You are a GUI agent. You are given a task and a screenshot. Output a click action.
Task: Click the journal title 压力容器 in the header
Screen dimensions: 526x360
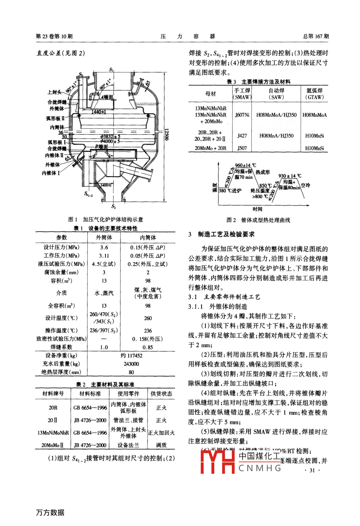click(x=188, y=36)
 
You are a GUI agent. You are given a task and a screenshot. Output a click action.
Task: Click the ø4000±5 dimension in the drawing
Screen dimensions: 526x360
click(x=111, y=141)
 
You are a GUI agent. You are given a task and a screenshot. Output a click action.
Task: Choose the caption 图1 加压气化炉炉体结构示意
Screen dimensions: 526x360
click(x=106, y=220)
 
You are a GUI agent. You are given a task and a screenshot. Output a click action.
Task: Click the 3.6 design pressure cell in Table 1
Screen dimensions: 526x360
click(x=104, y=247)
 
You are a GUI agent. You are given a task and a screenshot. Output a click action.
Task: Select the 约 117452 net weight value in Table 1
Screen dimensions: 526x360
click(x=131, y=355)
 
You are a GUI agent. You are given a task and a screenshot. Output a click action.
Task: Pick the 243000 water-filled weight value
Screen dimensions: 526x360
click(x=131, y=364)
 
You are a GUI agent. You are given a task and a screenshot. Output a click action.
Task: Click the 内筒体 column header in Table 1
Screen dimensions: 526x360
click(x=148, y=237)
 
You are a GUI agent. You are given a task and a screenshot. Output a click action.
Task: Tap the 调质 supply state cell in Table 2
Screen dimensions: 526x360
click(x=161, y=445)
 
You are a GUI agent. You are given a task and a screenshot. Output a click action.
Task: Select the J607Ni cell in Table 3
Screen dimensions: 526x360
click(x=242, y=115)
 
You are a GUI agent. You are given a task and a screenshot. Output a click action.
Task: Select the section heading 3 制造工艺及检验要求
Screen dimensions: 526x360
click(x=221, y=234)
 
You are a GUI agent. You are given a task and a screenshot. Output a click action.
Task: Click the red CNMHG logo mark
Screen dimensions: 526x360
click(x=217, y=462)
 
